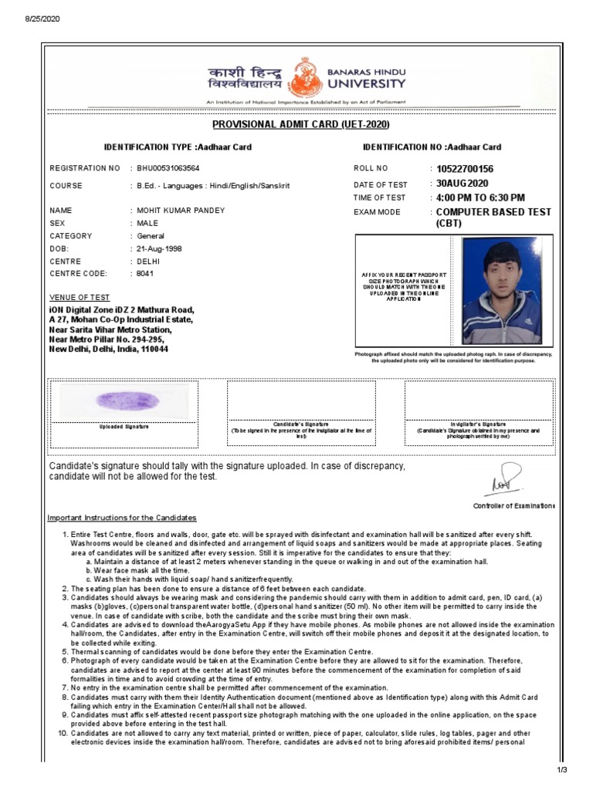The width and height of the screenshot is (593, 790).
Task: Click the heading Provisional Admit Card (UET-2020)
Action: point(300,125)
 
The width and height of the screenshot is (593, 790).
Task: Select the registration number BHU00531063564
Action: point(168,167)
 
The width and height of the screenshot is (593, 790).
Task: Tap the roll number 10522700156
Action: point(464,169)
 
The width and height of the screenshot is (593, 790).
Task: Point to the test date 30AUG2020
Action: point(462,184)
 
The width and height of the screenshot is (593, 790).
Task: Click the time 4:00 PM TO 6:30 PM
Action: point(480,197)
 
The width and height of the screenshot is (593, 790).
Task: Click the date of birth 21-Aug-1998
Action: point(160,249)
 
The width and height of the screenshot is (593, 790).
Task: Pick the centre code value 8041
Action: point(145,274)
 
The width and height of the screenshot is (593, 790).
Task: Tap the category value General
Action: point(151,236)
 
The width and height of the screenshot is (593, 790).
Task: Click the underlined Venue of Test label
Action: point(80,298)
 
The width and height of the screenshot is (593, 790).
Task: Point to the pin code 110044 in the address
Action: point(154,349)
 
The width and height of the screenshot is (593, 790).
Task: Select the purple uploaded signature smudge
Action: point(127,400)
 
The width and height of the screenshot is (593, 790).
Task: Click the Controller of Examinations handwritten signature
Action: point(505,480)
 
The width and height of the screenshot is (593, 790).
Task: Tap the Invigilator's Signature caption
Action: point(478,424)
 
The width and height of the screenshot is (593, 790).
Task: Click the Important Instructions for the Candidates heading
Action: point(122,518)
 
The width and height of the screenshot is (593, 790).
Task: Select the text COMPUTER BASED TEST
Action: point(493,211)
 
